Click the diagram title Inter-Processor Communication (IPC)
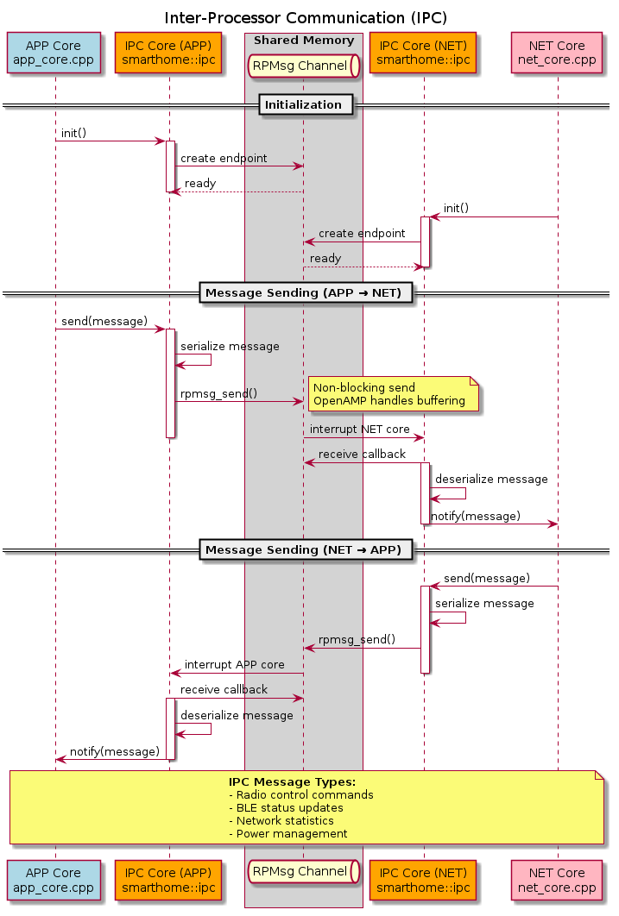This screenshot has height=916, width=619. (306, 18)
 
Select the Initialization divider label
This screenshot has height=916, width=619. (303, 105)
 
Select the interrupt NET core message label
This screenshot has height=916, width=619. (360, 429)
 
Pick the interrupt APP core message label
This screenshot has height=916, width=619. (234, 665)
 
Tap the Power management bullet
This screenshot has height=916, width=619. (287, 834)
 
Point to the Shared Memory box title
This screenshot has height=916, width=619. (303, 41)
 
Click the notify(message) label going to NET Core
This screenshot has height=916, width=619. (475, 516)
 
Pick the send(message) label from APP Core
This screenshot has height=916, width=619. (104, 321)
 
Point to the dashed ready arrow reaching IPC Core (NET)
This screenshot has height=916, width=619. (363, 267)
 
